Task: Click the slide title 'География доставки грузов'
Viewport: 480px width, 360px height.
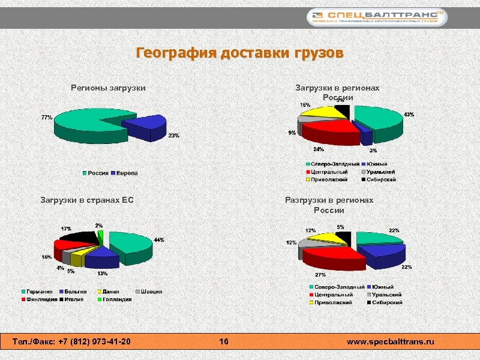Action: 240,53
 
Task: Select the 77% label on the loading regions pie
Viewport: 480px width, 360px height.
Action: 46,117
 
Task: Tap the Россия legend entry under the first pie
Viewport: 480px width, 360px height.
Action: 95,173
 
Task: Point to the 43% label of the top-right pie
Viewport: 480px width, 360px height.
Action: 409,114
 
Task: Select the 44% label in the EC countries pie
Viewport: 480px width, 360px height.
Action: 159,240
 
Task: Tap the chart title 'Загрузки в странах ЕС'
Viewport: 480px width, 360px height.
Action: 86,200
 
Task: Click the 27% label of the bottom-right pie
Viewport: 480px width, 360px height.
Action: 320,274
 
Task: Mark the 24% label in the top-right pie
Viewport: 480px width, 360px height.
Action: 319,149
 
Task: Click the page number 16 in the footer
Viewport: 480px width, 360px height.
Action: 224,341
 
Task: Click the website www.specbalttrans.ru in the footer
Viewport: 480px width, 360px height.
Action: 390,341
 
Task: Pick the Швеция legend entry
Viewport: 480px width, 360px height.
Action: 149,292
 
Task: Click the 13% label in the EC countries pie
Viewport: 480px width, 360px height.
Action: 103,274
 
